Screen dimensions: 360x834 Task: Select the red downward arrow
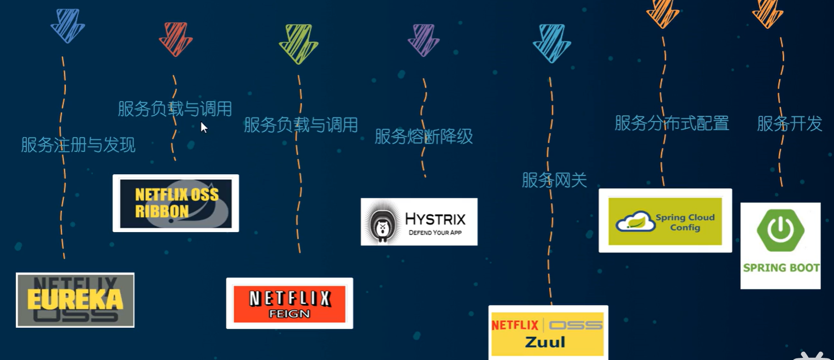click(175, 39)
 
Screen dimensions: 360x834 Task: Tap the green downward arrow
click(298, 44)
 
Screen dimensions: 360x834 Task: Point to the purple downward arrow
click(424, 40)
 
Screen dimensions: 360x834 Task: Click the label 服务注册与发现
click(78, 145)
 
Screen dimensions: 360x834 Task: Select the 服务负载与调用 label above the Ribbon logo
click(175, 109)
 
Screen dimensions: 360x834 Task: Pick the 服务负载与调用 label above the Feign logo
click(301, 125)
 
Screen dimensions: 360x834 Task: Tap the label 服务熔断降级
click(424, 137)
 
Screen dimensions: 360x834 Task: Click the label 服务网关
click(554, 180)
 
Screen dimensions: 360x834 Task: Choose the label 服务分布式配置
click(672, 123)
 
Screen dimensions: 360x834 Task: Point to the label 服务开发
click(789, 123)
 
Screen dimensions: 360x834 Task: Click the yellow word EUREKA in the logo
click(75, 299)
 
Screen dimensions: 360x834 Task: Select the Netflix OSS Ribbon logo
click(175, 203)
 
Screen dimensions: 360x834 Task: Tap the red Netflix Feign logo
click(289, 303)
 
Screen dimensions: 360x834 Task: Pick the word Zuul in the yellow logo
click(545, 343)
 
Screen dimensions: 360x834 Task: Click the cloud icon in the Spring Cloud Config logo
click(635, 221)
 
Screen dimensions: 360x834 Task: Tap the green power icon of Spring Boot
click(780, 230)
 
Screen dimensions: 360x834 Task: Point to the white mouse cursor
click(203, 127)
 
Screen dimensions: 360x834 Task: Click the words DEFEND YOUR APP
click(435, 233)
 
